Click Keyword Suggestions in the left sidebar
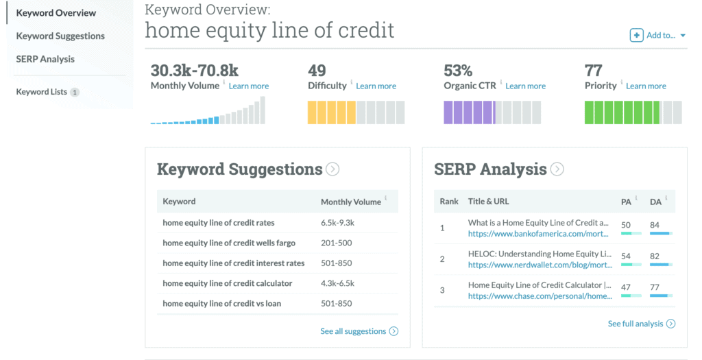pyautogui.click(x=60, y=36)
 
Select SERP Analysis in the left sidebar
pyautogui.click(x=45, y=59)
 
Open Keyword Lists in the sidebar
pyautogui.click(x=42, y=92)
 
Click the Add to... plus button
pyautogui.click(x=636, y=36)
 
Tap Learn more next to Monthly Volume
pyautogui.click(x=248, y=86)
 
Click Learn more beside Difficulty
pyautogui.click(x=376, y=86)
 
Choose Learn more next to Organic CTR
pyautogui.click(x=526, y=86)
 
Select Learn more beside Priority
pyautogui.click(x=646, y=86)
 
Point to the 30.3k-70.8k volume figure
pyautogui.click(x=194, y=71)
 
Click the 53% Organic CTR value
pyautogui.click(x=458, y=71)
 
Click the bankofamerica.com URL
pyautogui.click(x=538, y=234)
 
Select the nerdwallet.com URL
pyautogui.click(x=540, y=265)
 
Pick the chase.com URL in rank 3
pyautogui.click(x=540, y=296)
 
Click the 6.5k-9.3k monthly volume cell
pyautogui.click(x=337, y=223)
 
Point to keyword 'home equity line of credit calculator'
pyautogui.click(x=228, y=283)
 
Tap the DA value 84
pyautogui.click(x=655, y=225)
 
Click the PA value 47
pyautogui.click(x=626, y=287)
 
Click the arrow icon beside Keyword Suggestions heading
pyautogui.click(x=332, y=169)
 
